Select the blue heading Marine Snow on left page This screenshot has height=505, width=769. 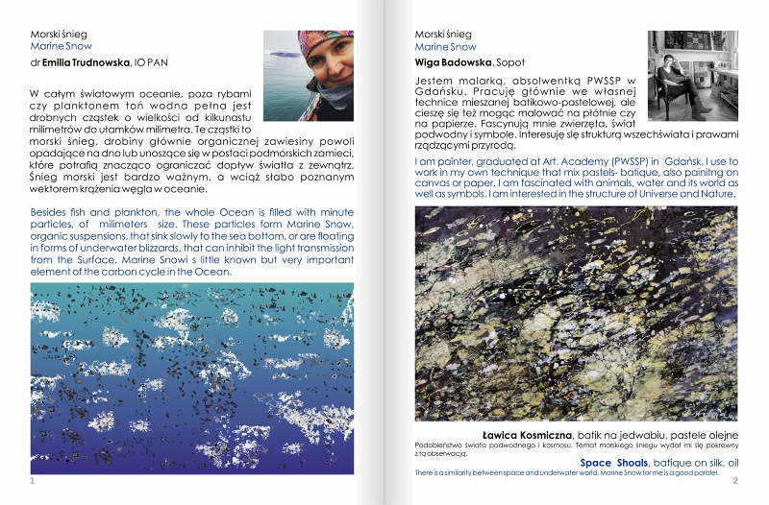[x=61, y=45]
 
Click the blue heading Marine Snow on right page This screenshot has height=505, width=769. [x=445, y=46]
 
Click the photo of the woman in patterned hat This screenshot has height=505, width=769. [x=308, y=75]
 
